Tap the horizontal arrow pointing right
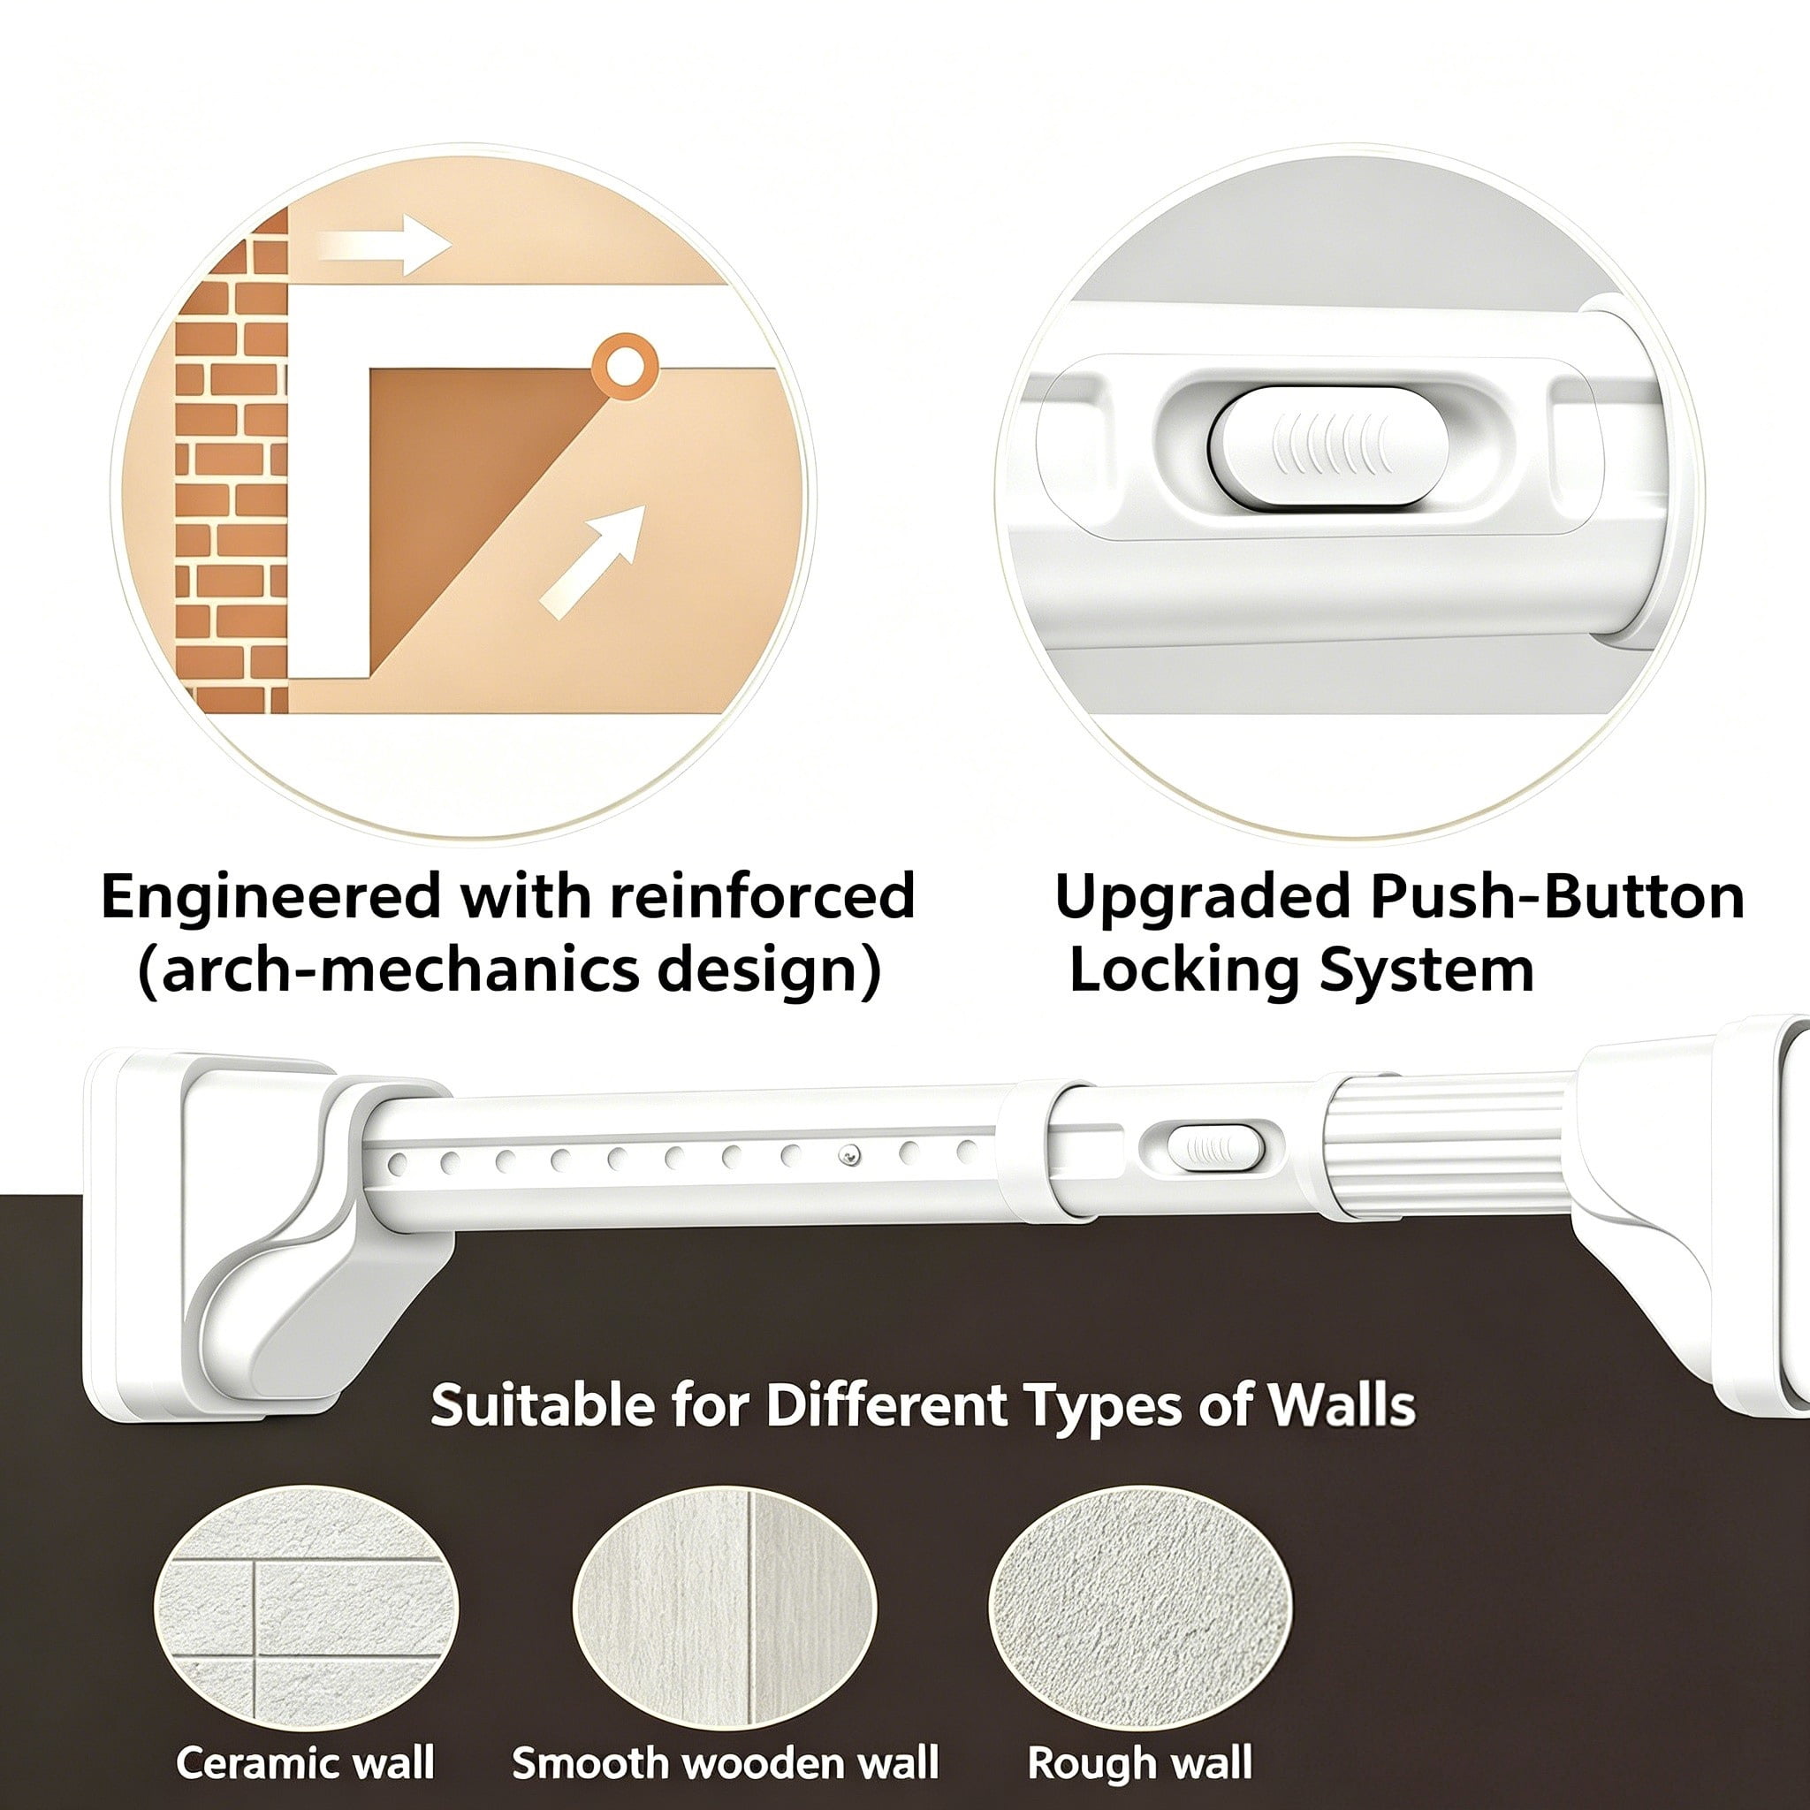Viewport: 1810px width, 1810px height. coord(384,246)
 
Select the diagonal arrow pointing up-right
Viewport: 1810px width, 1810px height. coord(593,562)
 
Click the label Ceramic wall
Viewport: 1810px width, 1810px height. coord(306,1762)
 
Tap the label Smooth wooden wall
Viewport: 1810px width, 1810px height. coord(725,1762)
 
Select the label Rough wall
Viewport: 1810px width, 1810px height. coord(1140,1764)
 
